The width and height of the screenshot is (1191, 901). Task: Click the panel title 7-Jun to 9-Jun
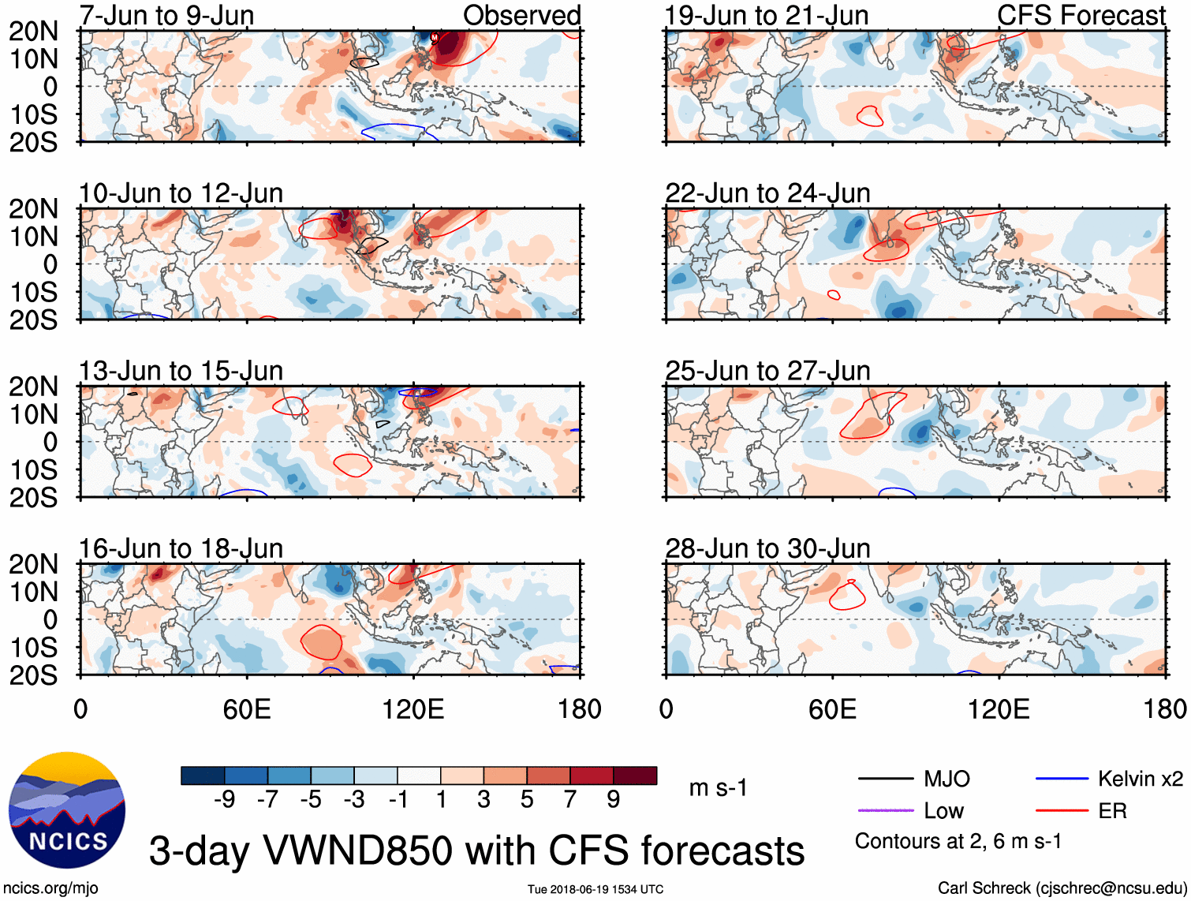pyautogui.click(x=166, y=15)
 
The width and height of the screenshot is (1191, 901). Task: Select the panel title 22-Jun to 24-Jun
pyautogui.click(x=767, y=193)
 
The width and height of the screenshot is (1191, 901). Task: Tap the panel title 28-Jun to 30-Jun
pyautogui.click(x=767, y=548)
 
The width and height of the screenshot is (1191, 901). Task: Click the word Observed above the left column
pyautogui.click(x=521, y=15)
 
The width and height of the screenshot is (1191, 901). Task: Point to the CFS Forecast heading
pyautogui.click(x=1081, y=15)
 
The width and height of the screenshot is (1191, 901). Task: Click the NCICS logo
pyautogui.click(x=67, y=810)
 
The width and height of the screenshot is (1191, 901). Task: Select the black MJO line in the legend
pyautogui.click(x=885, y=779)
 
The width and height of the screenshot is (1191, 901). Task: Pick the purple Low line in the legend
pyautogui.click(x=885, y=810)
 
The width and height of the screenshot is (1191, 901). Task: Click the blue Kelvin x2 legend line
pyautogui.click(x=1062, y=779)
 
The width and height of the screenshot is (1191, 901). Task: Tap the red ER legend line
pyautogui.click(x=1062, y=810)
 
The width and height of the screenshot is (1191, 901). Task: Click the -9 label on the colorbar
pyautogui.click(x=224, y=800)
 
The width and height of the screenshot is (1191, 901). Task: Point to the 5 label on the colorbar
pyautogui.click(x=527, y=800)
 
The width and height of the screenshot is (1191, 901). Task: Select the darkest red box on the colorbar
pyautogui.click(x=635, y=776)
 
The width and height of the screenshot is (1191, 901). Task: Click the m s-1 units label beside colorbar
pyautogui.click(x=718, y=788)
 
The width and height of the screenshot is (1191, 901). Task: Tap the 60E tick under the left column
pyautogui.click(x=247, y=709)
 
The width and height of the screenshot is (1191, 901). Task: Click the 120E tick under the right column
pyautogui.click(x=999, y=709)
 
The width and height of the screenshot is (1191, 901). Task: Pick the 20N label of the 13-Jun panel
pyautogui.click(x=33, y=387)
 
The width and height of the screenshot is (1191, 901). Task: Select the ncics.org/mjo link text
pyautogui.click(x=50, y=888)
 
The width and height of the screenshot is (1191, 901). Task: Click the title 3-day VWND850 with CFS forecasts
pyautogui.click(x=476, y=851)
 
